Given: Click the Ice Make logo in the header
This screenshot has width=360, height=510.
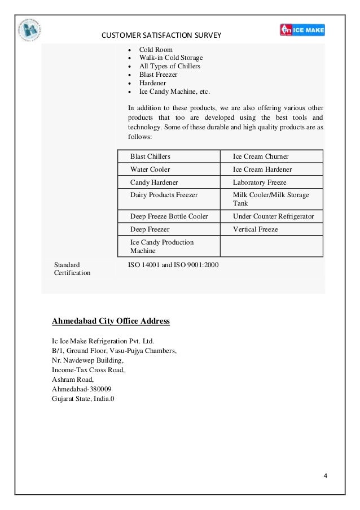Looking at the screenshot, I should click(x=302, y=29).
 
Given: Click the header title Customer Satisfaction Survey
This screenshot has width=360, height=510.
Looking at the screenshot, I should click(x=161, y=37).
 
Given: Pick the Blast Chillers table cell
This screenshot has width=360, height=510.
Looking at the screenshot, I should click(x=150, y=156).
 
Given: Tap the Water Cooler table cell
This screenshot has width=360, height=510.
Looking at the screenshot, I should click(x=150, y=169).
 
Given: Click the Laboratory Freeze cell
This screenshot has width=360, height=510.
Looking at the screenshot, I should click(x=260, y=183).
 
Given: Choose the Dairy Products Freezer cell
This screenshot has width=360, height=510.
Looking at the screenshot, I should click(x=164, y=195).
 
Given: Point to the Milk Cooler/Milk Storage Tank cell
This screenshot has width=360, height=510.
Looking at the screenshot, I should click(x=271, y=199).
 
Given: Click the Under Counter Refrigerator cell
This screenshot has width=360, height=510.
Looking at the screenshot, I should click(x=273, y=216).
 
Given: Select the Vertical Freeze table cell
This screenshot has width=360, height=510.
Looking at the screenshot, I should click(x=255, y=230).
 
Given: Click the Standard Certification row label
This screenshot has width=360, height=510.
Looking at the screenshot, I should click(x=72, y=268).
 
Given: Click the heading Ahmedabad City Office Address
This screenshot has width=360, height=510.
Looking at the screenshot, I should click(x=111, y=321).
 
